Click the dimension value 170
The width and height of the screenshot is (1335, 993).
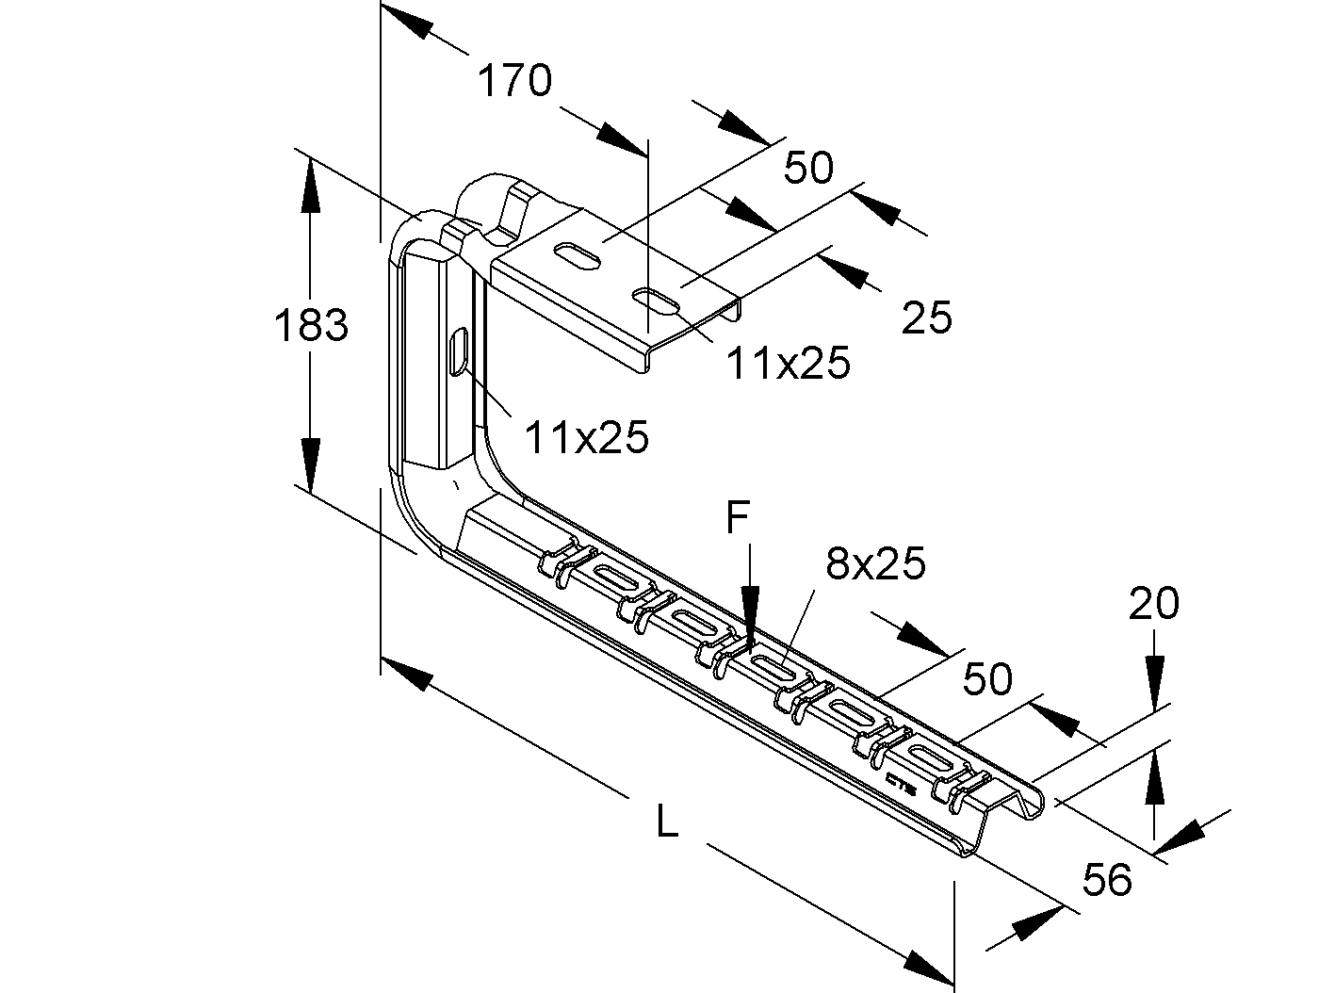click(513, 82)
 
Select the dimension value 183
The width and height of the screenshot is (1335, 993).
click(311, 326)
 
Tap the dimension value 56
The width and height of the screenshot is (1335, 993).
click(1107, 881)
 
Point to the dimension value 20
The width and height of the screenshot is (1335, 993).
click(1154, 604)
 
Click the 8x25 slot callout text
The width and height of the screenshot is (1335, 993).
click(875, 564)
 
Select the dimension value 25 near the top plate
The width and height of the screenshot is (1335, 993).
click(927, 318)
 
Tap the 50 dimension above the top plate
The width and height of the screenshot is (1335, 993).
click(809, 169)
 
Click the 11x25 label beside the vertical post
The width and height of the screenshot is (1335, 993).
click(587, 437)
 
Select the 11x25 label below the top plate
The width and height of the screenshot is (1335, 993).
click(788, 363)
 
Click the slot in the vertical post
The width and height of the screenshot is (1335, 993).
click(460, 351)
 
